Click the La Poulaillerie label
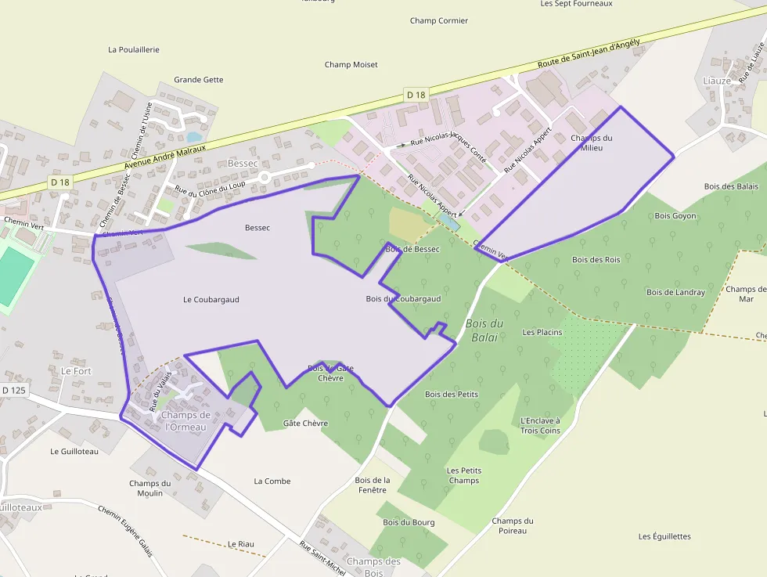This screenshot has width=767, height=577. point(134,49)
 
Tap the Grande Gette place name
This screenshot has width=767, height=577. point(198,80)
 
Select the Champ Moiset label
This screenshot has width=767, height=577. point(351,65)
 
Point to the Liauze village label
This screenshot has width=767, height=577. point(716,81)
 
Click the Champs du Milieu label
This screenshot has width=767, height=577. point(591,142)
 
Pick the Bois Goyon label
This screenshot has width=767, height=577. point(675,216)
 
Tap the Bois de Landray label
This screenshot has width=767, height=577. point(675,293)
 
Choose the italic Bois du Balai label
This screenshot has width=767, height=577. point(484,330)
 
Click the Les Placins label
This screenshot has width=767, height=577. point(542,333)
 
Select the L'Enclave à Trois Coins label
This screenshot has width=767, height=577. point(540,425)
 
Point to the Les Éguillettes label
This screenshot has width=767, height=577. point(664,537)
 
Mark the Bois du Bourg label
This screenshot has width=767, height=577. point(409,522)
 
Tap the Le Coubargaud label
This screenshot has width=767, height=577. point(211,300)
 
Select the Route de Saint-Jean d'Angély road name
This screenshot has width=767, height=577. point(589,53)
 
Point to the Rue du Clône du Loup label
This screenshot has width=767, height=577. point(210,189)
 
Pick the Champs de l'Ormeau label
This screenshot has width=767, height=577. point(184,421)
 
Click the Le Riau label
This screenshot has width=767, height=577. point(243,544)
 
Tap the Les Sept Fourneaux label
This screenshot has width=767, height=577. point(576,4)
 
